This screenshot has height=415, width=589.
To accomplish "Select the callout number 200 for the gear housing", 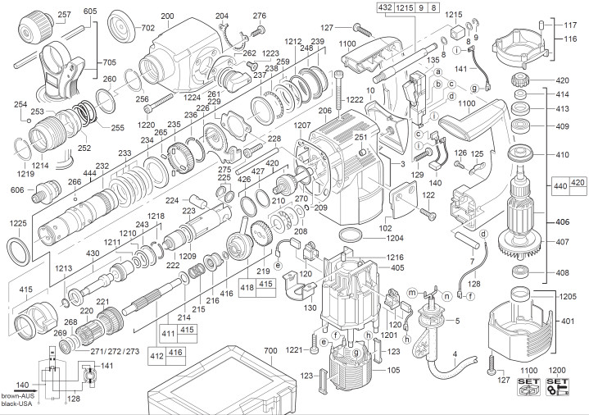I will click(x=167, y=17).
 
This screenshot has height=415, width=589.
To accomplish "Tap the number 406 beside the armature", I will click(x=562, y=222).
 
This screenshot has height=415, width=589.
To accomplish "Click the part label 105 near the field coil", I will click(x=393, y=370).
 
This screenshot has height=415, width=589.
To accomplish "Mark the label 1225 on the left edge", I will click(x=17, y=223).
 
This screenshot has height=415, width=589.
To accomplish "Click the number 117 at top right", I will click(x=570, y=25).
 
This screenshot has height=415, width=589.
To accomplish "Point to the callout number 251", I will click(x=360, y=138).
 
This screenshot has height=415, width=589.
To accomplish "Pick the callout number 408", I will click(x=562, y=273).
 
